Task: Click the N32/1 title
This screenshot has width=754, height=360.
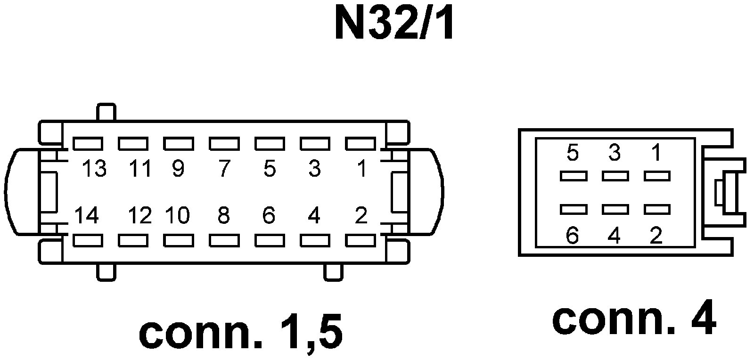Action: click(x=395, y=23)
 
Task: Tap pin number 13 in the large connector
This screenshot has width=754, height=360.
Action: click(x=95, y=169)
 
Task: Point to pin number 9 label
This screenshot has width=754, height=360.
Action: click(x=178, y=169)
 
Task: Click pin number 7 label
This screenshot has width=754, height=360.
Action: click(x=223, y=169)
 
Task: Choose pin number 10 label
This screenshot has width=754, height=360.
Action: click(x=177, y=216)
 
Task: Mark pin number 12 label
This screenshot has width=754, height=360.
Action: click(x=140, y=216)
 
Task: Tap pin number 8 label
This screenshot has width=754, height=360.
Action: click(x=223, y=216)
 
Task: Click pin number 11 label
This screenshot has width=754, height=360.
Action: click(x=140, y=169)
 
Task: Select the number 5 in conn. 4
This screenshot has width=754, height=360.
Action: click(x=573, y=153)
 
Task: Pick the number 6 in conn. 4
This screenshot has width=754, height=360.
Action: click(x=572, y=235)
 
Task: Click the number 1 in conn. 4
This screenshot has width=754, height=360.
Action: click(x=656, y=153)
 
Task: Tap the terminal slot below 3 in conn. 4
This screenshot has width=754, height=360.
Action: click(x=615, y=176)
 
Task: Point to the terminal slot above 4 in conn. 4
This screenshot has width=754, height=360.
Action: click(x=615, y=209)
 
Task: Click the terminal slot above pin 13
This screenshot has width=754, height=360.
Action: click(x=88, y=143)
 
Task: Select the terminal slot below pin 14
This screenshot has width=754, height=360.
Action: click(x=88, y=240)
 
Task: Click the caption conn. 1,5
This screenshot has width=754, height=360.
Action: click(x=241, y=334)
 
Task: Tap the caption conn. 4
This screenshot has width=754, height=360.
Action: click(x=634, y=319)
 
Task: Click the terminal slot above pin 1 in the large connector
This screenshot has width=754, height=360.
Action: click(x=361, y=143)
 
